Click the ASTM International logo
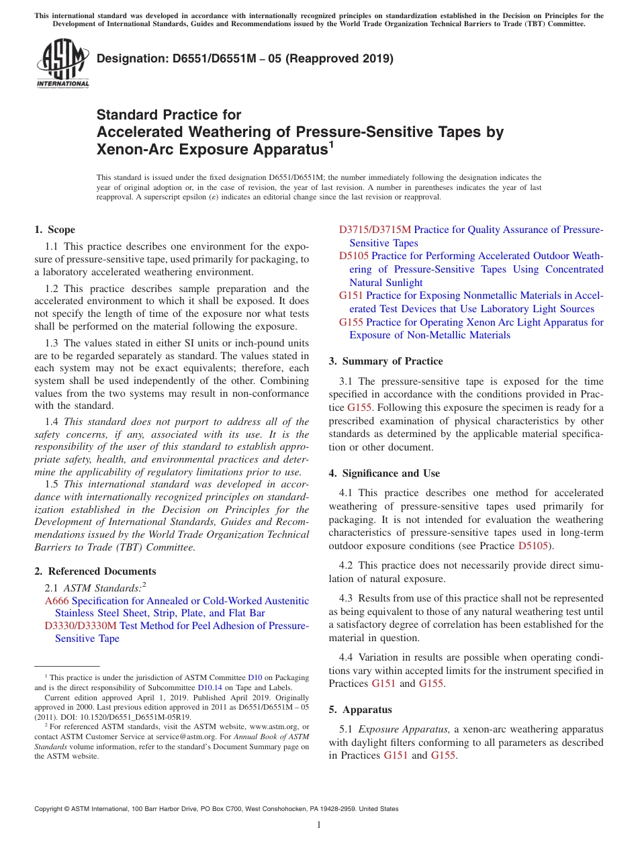point(62,65)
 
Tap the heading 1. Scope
point(55,230)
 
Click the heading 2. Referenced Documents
point(95,571)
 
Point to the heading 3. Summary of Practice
point(385,361)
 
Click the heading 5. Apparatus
point(360,710)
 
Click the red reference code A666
point(56,600)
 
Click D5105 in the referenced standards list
point(354,256)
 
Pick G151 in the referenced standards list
point(351,296)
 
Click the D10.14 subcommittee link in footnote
point(208,687)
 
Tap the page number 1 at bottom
point(319,825)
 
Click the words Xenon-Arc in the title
point(134,149)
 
